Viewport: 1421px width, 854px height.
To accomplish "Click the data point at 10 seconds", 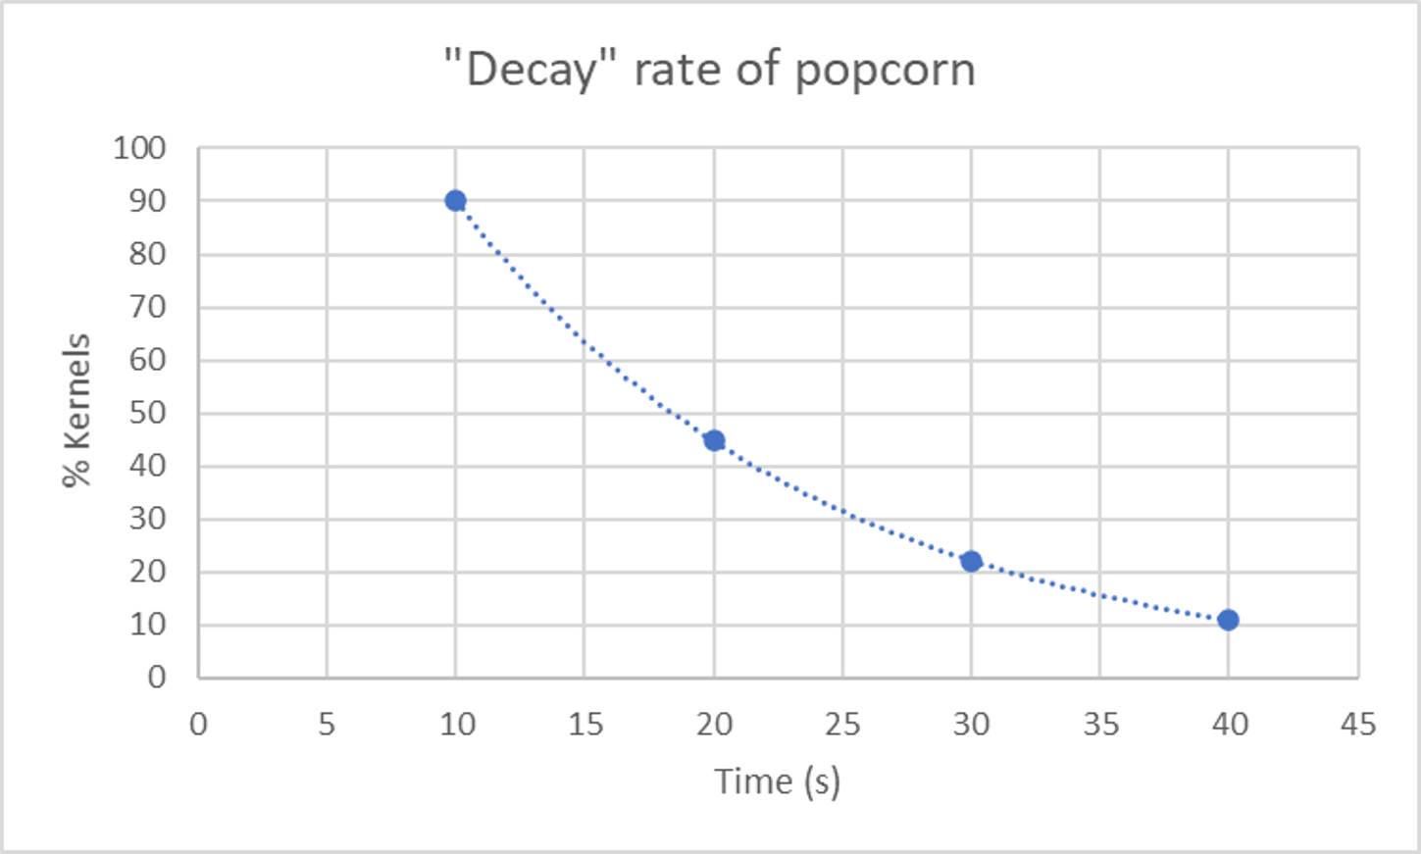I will tap(455, 201).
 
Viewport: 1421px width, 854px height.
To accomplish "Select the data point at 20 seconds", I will tap(714, 440).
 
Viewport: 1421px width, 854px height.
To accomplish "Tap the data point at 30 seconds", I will tap(971, 562).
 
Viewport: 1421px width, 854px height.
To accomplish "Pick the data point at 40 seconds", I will tap(1228, 620).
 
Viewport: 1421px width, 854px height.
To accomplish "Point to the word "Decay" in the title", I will tap(532, 71).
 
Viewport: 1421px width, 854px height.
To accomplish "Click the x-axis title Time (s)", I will tap(777, 781).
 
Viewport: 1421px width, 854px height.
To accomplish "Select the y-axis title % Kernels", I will tap(76, 411).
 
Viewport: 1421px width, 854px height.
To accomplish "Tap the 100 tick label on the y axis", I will tap(139, 149).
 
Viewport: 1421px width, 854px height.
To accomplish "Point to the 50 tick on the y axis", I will tap(147, 413).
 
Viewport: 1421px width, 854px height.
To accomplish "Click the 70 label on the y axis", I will tap(147, 307).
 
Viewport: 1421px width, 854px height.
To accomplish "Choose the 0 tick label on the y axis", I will tap(157, 677).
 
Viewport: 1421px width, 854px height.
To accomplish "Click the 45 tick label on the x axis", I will tap(1358, 725).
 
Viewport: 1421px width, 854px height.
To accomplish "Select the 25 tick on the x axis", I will tap(842, 725).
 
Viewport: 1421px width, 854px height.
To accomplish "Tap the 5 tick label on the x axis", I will tap(327, 725).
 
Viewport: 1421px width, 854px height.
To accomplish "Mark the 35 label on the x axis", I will tap(1100, 725).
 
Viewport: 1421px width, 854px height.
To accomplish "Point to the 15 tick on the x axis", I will tap(584, 725).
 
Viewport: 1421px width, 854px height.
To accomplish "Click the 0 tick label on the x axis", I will tap(198, 725).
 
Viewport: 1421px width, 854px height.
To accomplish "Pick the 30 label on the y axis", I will tap(147, 519).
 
